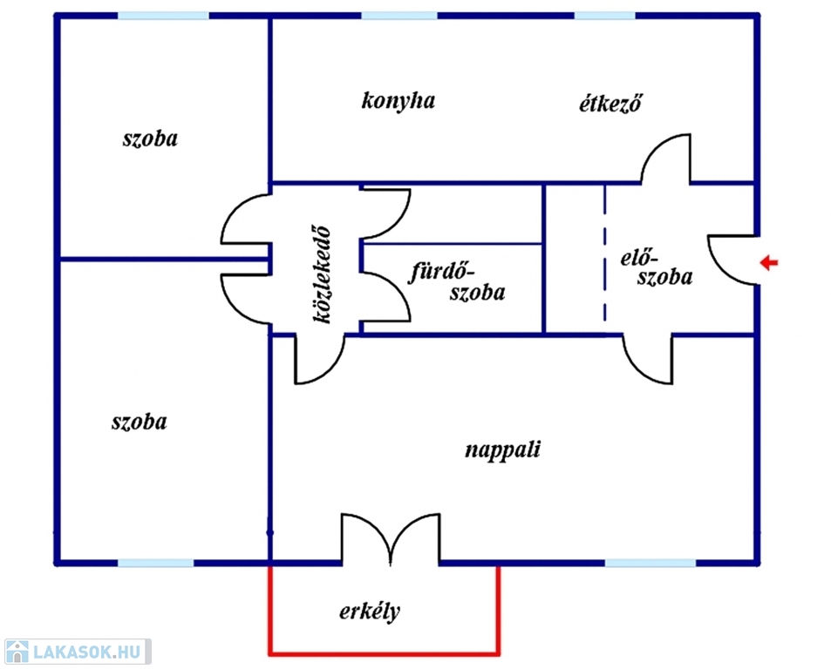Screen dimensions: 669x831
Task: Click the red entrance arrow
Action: coord(769,262)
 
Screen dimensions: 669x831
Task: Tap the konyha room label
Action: coord(398,101)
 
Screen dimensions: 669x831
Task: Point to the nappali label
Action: coord(502,450)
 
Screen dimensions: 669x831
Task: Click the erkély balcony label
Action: coord(370,612)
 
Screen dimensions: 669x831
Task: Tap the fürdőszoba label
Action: coord(457,280)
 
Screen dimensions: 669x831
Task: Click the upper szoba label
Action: coord(150,139)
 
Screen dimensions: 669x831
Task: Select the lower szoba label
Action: coord(140,422)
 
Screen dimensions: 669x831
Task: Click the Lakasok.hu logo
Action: coord(76,652)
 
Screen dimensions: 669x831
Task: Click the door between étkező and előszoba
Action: coord(667,159)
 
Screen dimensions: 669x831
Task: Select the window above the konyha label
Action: coord(398,16)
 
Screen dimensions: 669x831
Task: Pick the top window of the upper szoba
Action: coord(163,16)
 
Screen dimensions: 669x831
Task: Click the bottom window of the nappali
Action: coord(650,563)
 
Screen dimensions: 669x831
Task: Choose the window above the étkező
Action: coord(604,16)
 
